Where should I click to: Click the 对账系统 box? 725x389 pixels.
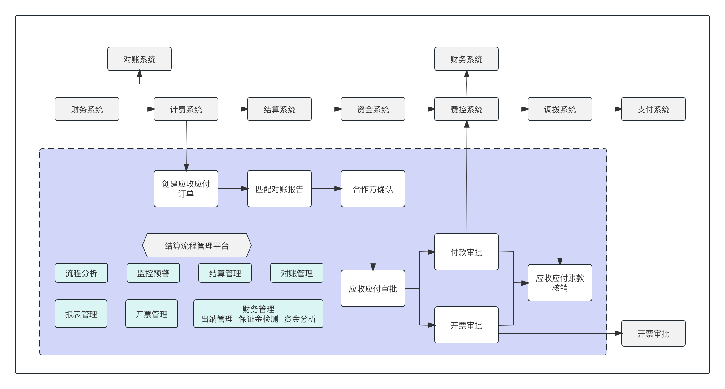139,59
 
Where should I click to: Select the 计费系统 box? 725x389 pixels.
186,109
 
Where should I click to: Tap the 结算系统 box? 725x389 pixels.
279,109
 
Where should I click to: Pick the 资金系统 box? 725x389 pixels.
373,109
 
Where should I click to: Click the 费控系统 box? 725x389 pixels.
466,109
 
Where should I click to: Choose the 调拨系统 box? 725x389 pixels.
560,109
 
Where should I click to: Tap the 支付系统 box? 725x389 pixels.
653,109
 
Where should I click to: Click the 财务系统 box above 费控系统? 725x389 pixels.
466,59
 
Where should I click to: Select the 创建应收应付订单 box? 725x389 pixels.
186,189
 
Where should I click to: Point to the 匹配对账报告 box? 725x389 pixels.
279,189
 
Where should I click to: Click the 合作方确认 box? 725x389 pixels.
373,189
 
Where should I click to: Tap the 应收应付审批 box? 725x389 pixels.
373,288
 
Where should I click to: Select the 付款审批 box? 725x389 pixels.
466,252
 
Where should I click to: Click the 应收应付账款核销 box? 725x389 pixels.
560,283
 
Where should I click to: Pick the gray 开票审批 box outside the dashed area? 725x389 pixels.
653,333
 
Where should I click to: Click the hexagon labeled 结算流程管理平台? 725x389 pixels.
197,245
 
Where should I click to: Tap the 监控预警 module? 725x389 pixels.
153,273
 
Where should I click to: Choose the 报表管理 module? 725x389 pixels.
81,314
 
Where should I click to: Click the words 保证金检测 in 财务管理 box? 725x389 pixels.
258,319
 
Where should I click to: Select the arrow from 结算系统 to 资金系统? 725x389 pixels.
326,109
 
